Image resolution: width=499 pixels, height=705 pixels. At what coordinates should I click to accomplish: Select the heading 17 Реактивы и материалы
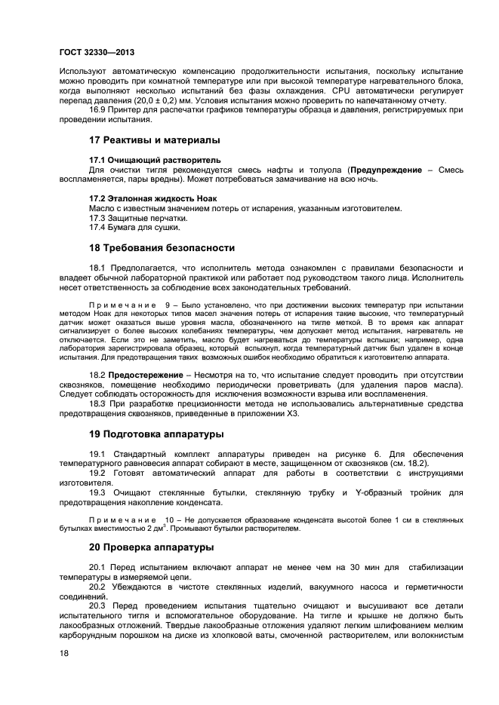[155, 140]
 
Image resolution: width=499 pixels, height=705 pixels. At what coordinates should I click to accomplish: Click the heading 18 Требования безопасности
[162, 247]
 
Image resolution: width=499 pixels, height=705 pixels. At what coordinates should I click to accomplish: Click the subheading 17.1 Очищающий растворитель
[155, 160]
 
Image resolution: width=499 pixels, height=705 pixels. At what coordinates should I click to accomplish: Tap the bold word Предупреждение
[386, 170]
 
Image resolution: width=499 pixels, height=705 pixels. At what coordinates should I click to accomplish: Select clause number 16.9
[99, 111]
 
